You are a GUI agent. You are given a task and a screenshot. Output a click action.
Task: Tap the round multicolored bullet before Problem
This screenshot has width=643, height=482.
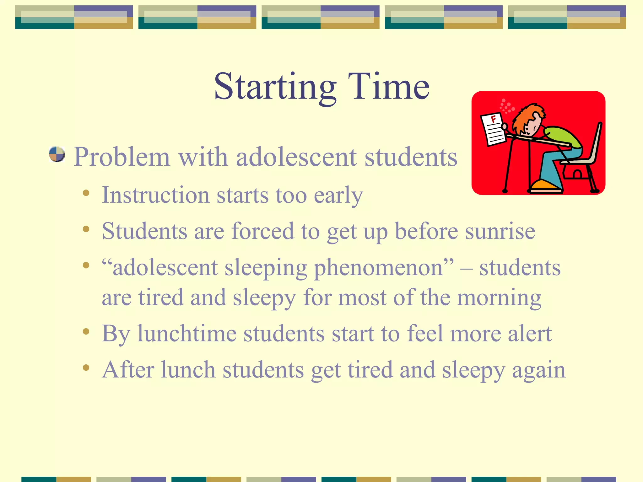(x=57, y=154)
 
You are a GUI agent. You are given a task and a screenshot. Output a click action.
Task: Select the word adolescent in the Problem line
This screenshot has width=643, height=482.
(x=296, y=157)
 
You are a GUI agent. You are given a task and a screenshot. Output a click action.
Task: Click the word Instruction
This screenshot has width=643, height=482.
(x=155, y=195)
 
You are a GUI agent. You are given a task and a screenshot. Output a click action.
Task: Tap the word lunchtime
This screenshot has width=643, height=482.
(x=187, y=334)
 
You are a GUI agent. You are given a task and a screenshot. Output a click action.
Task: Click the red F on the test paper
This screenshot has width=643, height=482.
(x=494, y=119)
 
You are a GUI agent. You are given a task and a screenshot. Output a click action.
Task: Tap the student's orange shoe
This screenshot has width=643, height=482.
(x=545, y=185)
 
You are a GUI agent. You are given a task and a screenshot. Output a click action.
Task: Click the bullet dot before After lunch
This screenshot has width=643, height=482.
(x=86, y=367)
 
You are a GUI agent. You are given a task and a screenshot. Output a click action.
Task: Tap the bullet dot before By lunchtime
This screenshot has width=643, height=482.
(x=86, y=331)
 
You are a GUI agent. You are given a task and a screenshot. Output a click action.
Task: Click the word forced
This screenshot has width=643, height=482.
(x=262, y=231)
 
